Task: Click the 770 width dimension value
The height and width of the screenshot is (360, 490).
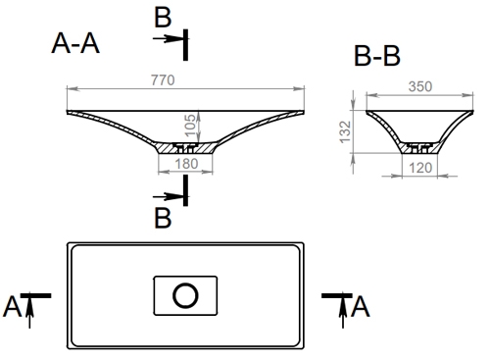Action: (163, 80)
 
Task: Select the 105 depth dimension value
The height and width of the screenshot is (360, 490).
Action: (190, 126)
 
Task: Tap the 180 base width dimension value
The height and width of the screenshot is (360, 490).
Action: (186, 164)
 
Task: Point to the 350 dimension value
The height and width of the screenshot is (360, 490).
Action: (420, 86)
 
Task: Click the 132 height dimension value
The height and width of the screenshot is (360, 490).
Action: (345, 132)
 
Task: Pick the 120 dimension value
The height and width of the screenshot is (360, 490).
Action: (420, 168)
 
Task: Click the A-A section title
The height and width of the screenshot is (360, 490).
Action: (75, 43)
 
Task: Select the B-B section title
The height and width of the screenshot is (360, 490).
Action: (377, 56)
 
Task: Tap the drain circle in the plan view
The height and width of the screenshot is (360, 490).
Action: (185, 295)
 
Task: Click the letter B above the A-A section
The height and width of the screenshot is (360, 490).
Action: (163, 18)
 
